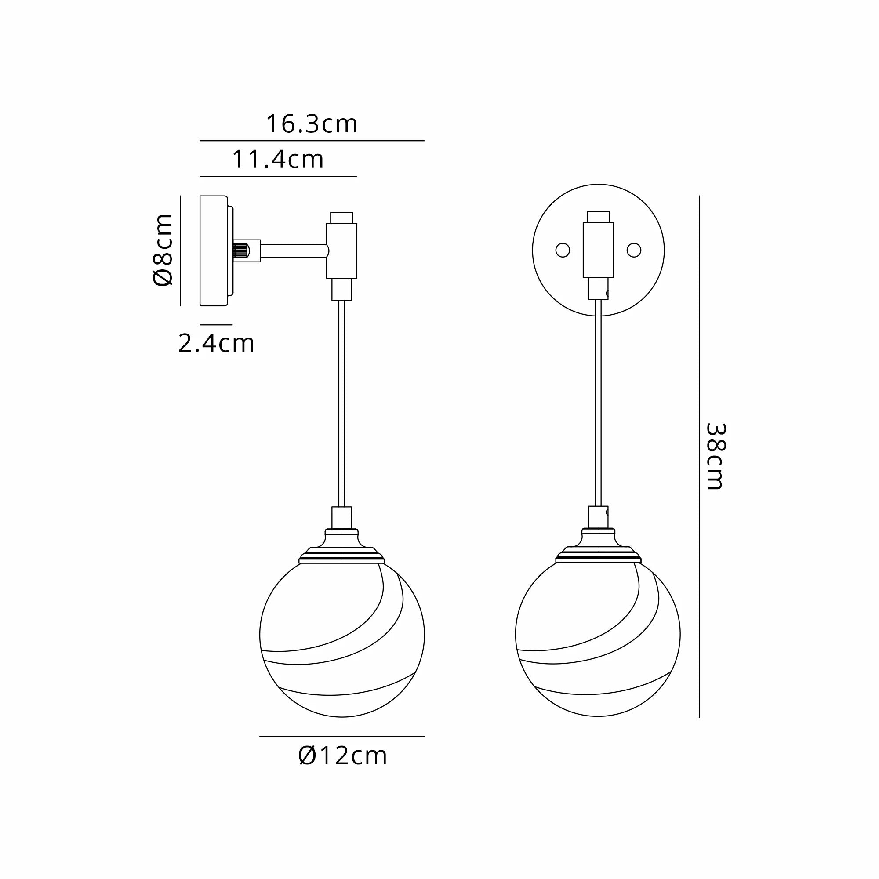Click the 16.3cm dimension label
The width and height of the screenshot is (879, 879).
click(312, 124)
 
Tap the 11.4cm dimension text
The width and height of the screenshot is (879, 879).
click(278, 159)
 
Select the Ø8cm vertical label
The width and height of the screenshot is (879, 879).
click(163, 250)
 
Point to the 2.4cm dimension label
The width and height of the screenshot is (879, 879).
click(216, 344)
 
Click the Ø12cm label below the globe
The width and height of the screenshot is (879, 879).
click(343, 756)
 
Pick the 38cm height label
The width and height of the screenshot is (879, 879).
click(715, 456)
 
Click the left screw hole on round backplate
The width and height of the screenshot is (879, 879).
click(563, 250)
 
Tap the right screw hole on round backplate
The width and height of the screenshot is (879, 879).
click(634, 250)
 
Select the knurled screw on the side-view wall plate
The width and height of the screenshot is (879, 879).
click(241, 251)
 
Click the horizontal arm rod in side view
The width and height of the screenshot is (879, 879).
click(294, 251)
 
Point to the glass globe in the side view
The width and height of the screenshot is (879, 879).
click(342, 637)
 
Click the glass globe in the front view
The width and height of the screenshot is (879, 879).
click(598, 637)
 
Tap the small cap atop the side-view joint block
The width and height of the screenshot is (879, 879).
click(341, 217)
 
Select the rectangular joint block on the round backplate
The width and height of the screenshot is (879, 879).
click(598, 250)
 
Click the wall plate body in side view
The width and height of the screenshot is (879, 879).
click(214, 251)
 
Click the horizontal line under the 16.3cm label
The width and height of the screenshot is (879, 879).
click(312, 141)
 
